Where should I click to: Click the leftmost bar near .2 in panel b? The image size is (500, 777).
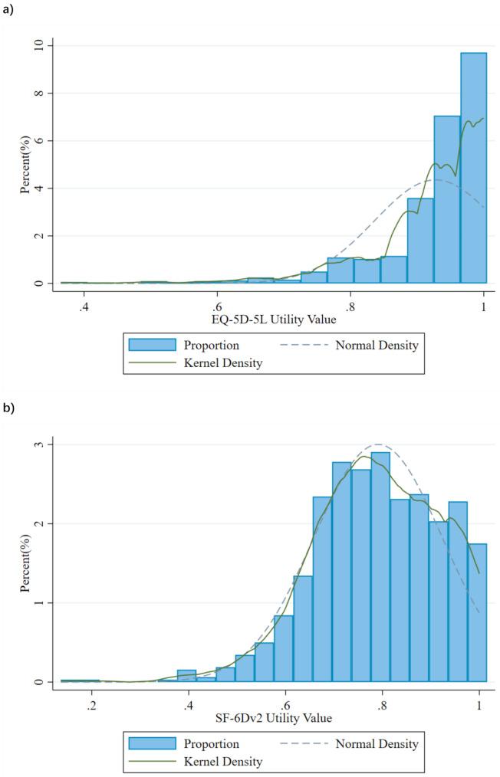pos(80,680)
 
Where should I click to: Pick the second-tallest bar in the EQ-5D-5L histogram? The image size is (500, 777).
pos(446,200)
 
